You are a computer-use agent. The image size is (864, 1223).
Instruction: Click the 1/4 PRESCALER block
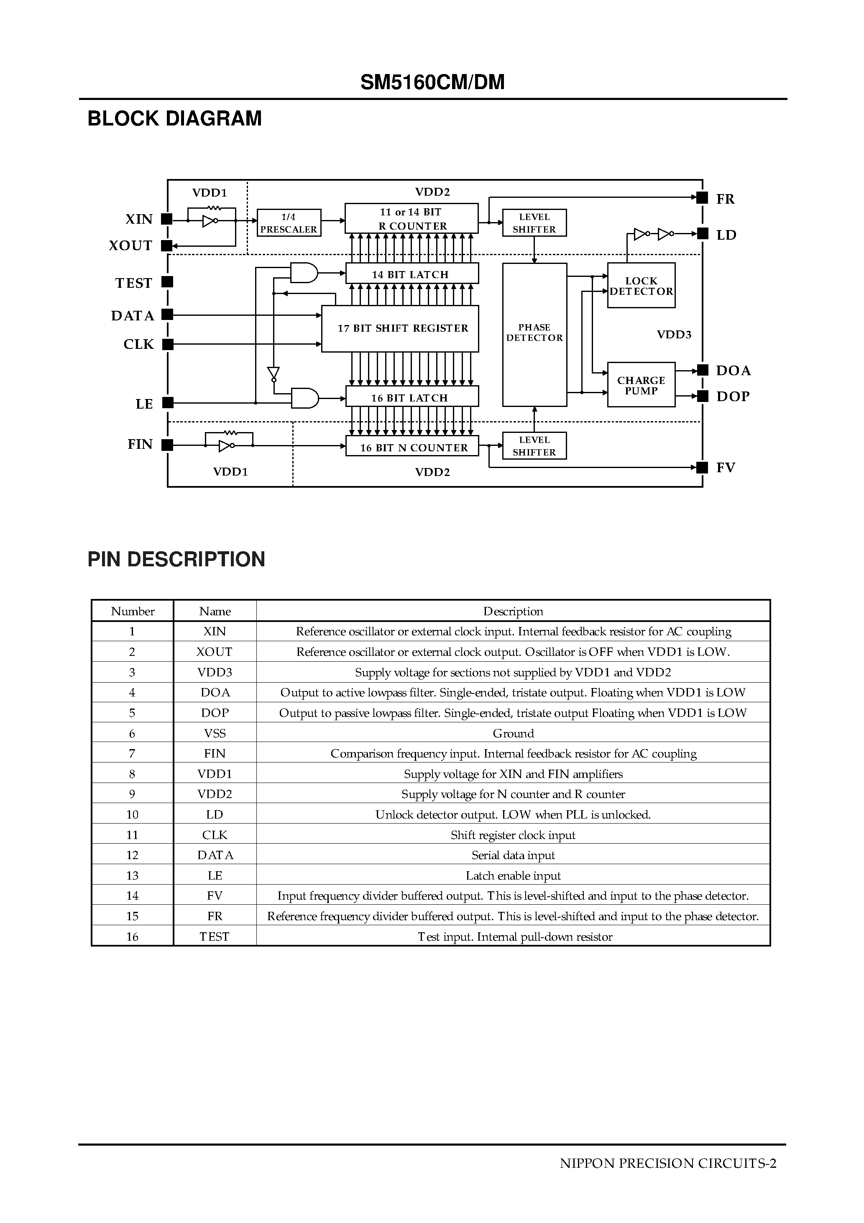(289, 223)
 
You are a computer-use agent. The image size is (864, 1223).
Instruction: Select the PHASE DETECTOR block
(534, 334)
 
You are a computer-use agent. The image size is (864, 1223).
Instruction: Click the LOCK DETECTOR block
(641, 286)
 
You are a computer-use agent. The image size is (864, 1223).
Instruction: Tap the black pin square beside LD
(703, 233)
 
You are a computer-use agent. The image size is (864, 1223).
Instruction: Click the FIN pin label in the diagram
(140, 444)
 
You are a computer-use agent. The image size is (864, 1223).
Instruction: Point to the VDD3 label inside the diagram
(674, 335)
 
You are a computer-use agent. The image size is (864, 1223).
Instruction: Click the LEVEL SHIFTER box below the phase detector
(534, 445)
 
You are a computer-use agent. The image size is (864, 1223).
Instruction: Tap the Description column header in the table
(513, 611)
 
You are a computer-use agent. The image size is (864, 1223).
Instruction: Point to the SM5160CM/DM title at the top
(432, 82)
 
